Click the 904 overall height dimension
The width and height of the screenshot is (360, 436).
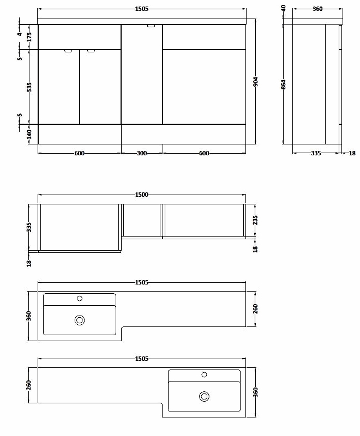click(x=256, y=81)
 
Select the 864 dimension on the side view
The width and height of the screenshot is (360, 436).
click(x=283, y=84)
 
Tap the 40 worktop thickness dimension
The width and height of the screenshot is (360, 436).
click(x=283, y=8)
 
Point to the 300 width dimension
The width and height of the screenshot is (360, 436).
click(x=142, y=153)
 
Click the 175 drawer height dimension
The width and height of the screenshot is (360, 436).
click(x=29, y=37)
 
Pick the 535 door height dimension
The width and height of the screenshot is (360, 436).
click(x=29, y=87)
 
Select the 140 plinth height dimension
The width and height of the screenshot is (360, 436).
click(x=29, y=134)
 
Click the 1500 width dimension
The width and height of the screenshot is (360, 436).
click(x=142, y=195)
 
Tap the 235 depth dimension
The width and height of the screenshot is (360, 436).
click(x=255, y=220)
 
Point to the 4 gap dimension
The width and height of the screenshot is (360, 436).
click(x=20, y=34)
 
